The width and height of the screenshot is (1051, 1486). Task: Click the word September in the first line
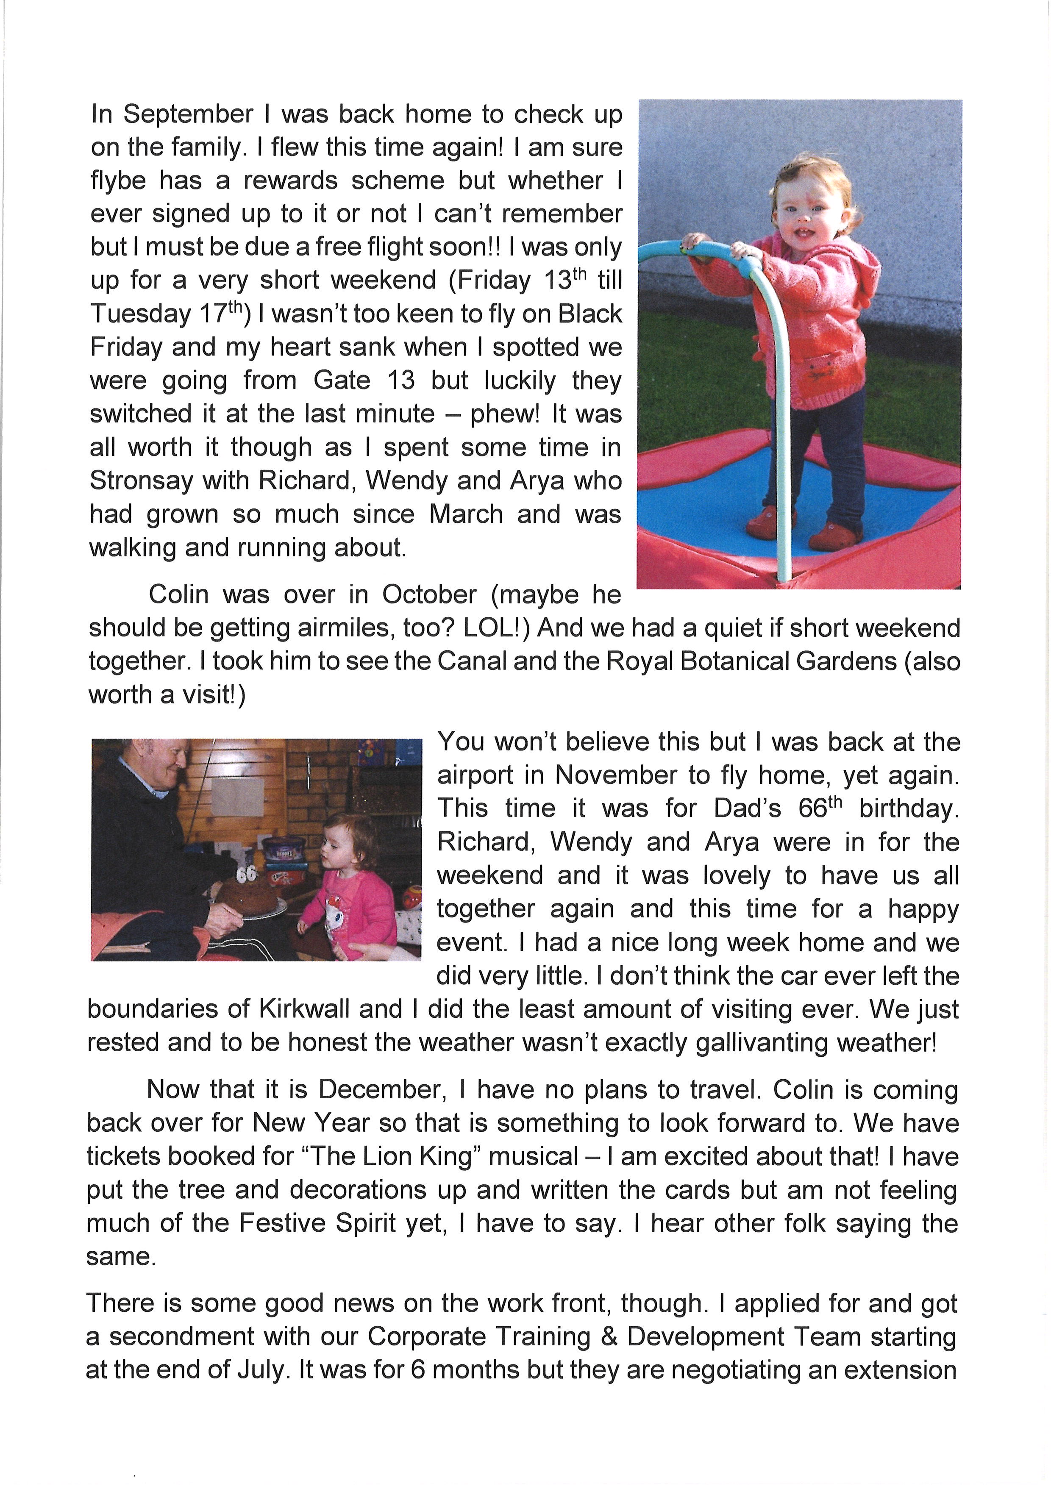188,114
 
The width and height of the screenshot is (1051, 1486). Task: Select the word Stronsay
139,481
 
